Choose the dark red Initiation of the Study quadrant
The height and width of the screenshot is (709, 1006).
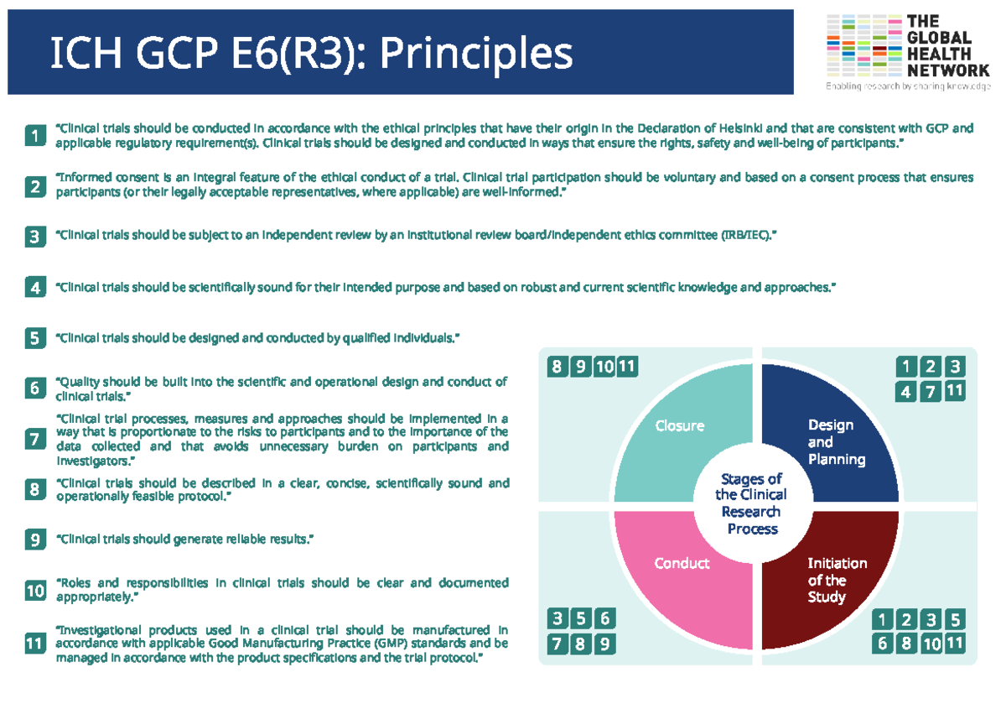tap(834, 579)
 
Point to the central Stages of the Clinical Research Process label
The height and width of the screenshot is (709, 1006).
tap(752, 503)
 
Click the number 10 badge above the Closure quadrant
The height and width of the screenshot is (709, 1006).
tap(604, 367)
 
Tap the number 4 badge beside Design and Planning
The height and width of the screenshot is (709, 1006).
tap(906, 391)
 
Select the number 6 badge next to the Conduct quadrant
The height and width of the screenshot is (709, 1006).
tap(604, 620)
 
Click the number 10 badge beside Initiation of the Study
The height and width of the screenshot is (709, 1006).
tap(931, 644)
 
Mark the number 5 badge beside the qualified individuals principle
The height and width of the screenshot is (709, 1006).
tap(34, 338)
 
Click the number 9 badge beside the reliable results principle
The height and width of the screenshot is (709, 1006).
tap(34, 540)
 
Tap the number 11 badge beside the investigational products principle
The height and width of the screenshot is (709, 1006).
tap(34, 644)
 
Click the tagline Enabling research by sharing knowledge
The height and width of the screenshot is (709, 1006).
tap(907, 86)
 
